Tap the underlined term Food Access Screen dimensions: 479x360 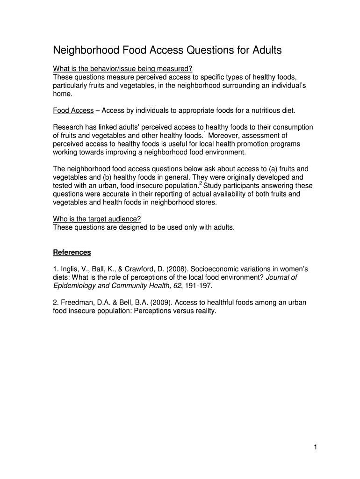(x=73, y=111)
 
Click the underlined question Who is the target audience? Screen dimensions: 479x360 (x=97, y=219)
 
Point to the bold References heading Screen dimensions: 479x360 (x=72, y=253)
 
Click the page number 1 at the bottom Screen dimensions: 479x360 (x=316, y=448)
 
